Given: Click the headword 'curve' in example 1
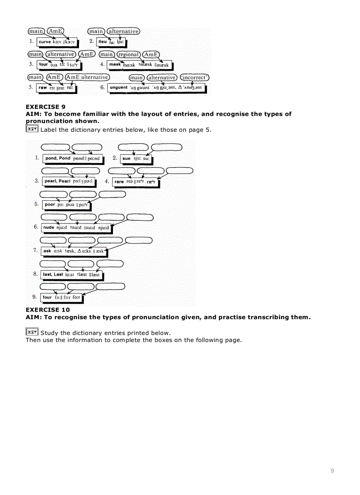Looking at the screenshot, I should click(x=45, y=42).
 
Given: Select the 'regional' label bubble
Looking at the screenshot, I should click(x=128, y=55).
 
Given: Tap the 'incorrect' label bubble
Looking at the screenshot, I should click(x=195, y=78).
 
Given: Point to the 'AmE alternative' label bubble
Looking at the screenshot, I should click(x=87, y=77).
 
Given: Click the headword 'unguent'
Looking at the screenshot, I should click(x=118, y=88).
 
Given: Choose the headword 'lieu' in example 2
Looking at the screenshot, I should click(x=102, y=42).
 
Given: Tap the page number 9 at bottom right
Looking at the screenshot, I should click(x=332, y=471).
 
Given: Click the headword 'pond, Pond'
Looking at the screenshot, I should click(x=58, y=158).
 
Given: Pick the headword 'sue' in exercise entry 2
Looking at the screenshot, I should click(x=126, y=158).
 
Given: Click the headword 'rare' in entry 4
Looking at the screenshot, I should click(x=119, y=182).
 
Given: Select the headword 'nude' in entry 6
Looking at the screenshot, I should click(x=49, y=228).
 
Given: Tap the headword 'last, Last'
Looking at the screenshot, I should click(x=53, y=275).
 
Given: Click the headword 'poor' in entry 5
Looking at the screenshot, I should click(x=50, y=205).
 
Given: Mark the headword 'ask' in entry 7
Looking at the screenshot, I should click(x=47, y=251).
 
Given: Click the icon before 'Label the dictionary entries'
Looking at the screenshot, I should click(x=32, y=129).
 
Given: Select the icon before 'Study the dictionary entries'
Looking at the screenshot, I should click(x=32, y=332).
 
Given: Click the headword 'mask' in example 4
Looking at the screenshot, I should click(x=115, y=65).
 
